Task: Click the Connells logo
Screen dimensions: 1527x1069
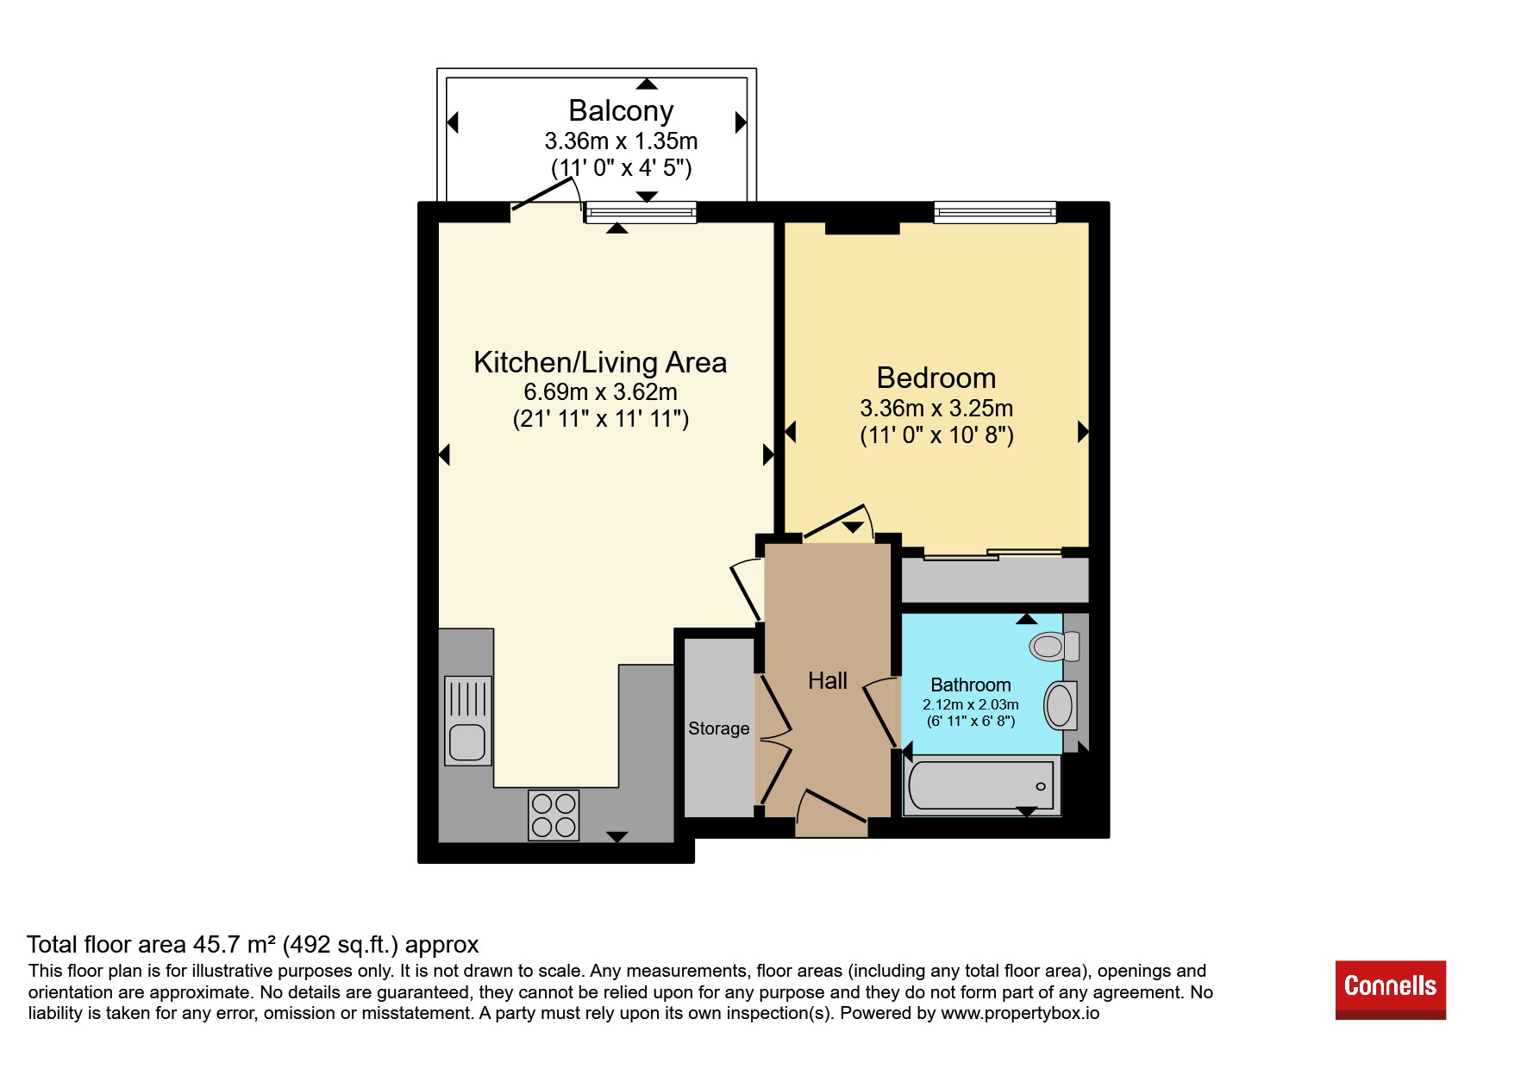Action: click(x=1390, y=989)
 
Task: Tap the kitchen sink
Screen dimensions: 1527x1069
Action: click(x=468, y=721)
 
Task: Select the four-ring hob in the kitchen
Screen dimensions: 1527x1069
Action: click(x=554, y=815)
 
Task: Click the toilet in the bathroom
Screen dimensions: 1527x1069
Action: click(x=1055, y=646)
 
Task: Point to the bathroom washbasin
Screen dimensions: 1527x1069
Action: click(x=1060, y=705)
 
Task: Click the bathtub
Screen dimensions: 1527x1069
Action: click(x=981, y=785)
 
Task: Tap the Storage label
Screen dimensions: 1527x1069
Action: click(x=718, y=728)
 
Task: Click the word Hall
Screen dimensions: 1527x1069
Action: click(x=828, y=681)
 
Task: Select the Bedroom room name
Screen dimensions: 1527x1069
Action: click(x=936, y=378)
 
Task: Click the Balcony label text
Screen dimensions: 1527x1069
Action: click(x=621, y=111)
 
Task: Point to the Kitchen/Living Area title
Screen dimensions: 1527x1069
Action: click(x=600, y=362)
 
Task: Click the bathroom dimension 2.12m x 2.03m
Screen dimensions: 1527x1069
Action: click(x=971, y=704)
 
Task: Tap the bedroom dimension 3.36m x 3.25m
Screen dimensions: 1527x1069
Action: click(x=936, y=408)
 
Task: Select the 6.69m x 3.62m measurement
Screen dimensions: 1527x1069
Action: click(x=601, y=392)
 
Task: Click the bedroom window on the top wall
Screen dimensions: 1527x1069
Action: click(x=995, y=212)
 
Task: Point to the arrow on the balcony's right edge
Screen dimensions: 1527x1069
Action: click(x=741, y=122)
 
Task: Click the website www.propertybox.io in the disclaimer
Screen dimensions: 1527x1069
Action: click(x=1020, y=1013)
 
